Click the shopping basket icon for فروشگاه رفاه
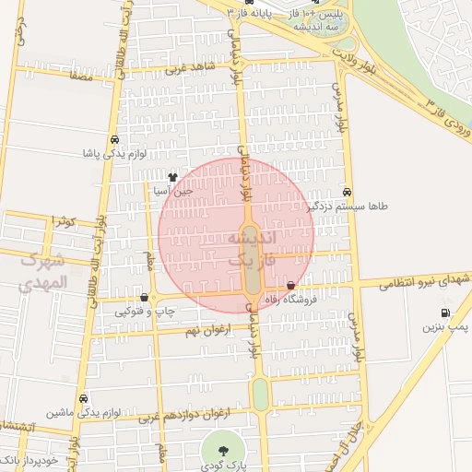(292, 287)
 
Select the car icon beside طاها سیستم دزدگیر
(347, 192)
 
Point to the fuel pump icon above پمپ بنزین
(445, 313)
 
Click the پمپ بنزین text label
(446, 327)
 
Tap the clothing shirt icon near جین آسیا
(172, 177)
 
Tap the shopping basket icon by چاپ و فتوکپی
(145, 298)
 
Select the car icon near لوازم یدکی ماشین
(84, 398)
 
